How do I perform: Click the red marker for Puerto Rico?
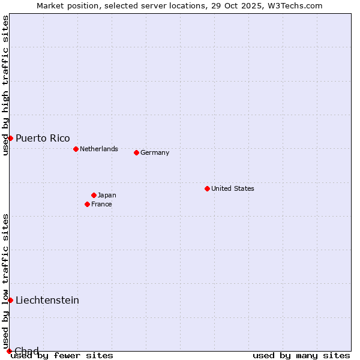(10, 138)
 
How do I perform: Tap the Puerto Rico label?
(43, 139)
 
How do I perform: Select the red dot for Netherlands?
(76, 149)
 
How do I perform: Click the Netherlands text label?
(99, 149)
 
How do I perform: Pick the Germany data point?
(136, 152)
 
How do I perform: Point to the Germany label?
(155, 152)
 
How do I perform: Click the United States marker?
(207, 188)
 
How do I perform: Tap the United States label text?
(233, 188)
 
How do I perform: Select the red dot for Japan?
(94, 195)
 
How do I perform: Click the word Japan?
(107, 195)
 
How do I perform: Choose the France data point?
(87, 204)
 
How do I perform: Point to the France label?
(101, 204)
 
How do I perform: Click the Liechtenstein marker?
(10, 300)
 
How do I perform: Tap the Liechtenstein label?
(47, 300)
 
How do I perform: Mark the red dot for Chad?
(9, 351)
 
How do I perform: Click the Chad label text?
(26, 351)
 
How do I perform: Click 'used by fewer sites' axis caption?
(62, 356)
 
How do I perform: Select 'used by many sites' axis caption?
(301, 356)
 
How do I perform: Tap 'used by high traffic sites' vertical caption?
(5, 86)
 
